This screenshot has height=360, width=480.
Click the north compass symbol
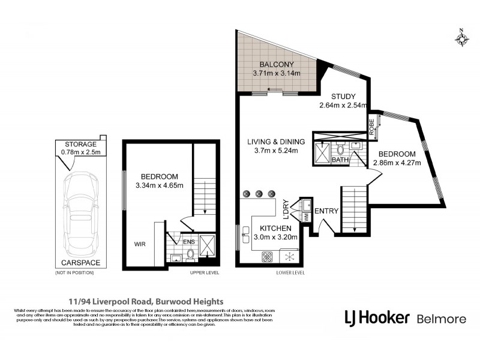pyautogui.click(x=461, y=38)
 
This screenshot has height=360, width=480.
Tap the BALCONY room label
pyautogui.click(x=276, y=65)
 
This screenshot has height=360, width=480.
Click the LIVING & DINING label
pyautogui.click(x=277, y=142)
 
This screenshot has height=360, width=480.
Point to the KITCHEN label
pyautogui.click(x=276, y=229)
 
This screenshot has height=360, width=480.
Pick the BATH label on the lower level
pyautogui.click(x=340, y=160)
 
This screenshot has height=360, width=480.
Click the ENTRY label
pyautogui.click(x=326, y=211)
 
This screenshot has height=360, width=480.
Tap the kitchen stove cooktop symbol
pyautogui.click(x=267, y=256)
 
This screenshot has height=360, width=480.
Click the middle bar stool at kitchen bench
pyautogui.click(x=259, y=194)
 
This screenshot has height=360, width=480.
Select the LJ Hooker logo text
pyautogui.click(x=377, y=317)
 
